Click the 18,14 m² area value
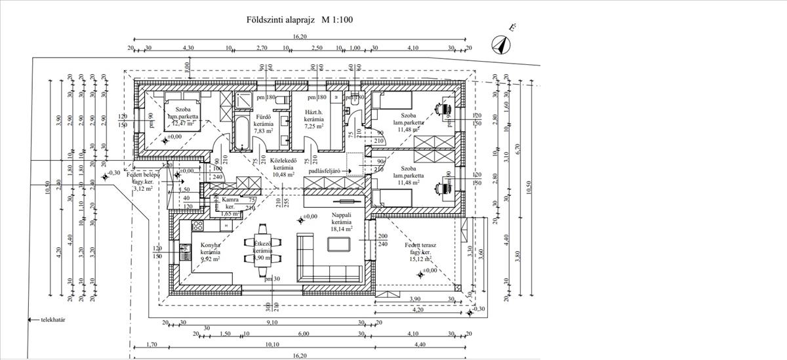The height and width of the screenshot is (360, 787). [342, 230]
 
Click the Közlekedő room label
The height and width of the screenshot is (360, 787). [284, 160]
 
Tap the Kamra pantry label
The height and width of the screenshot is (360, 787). [230, 199]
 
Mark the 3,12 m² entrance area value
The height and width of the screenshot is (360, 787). [142, 188]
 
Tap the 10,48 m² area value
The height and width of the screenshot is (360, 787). [284, 175]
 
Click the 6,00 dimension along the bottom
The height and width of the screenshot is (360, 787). [304, 333]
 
